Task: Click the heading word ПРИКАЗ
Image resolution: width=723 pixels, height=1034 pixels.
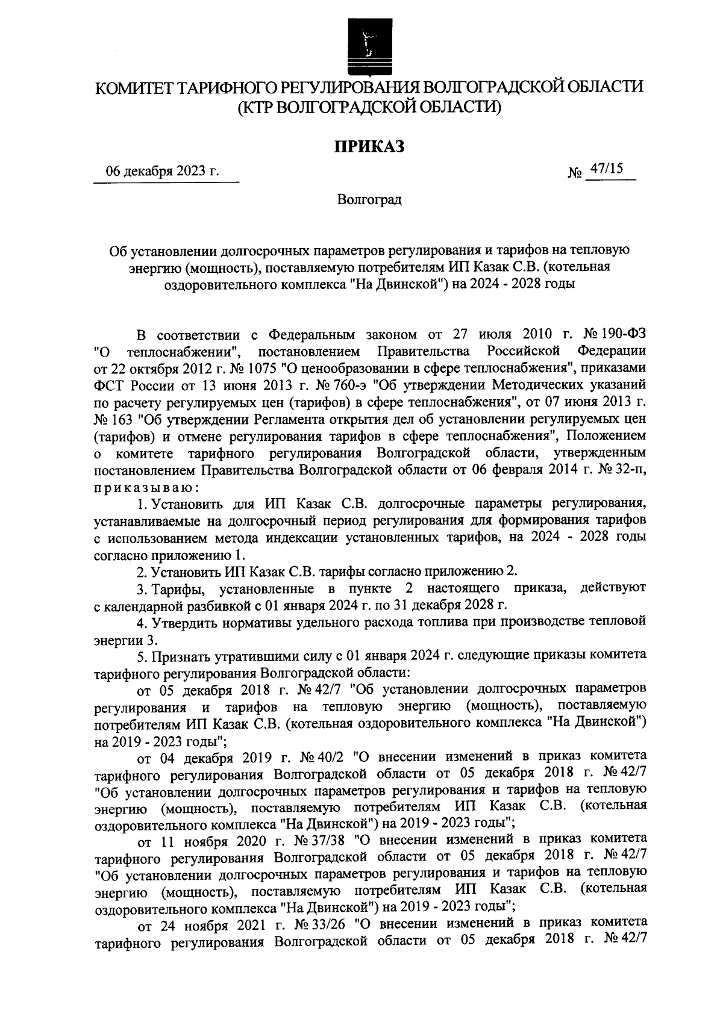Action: tap(368, 146)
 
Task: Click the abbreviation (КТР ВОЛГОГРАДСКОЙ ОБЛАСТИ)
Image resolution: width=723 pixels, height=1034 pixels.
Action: tap(369, 108)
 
